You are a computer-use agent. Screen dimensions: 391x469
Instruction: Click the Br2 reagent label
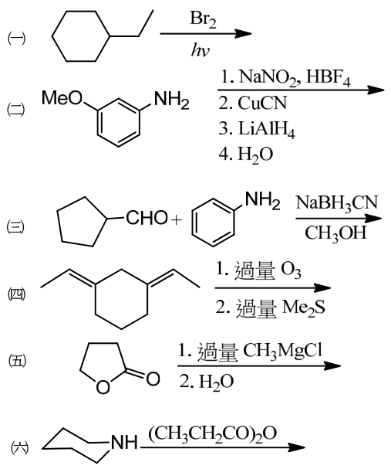pyautogui.click(x=203, y=19)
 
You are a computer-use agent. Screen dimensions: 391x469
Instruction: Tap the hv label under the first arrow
pyautogui.click(x=200, y=49)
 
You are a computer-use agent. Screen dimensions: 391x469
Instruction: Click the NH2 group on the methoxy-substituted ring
pyautogui.click(x=171, y=99)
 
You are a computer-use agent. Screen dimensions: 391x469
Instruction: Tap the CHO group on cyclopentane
pyautogui.click(x=147, y=217)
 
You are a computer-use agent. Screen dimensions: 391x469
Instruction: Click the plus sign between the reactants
pyautogui.click(x=177, y=220)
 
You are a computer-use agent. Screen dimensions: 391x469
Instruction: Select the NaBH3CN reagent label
pyautogui.click(x=337, y=203)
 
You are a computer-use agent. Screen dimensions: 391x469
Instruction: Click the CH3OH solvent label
pyautogui.click(x=335, y=233)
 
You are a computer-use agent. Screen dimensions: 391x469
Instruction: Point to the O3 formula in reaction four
pyautogui.click(x=291, y=270)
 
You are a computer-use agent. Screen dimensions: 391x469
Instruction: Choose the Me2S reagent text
pyautogui.click(x=303, y=308)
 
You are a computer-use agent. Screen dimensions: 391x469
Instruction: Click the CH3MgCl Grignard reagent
pyautogui.click(x=283, y=350)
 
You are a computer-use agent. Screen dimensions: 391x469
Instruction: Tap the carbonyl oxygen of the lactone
pyautogui.click(x=153, y=379)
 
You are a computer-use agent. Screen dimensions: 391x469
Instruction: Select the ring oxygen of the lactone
pyautogui.click(x=103, y=387)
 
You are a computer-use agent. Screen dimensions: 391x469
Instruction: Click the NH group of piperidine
pyautogui.click(x=124, y=442)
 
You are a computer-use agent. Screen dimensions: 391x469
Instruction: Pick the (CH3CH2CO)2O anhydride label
pyautogui.click(x=213, y=433)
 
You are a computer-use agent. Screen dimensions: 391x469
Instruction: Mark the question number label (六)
pyautogui.click(x=20, y=448)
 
